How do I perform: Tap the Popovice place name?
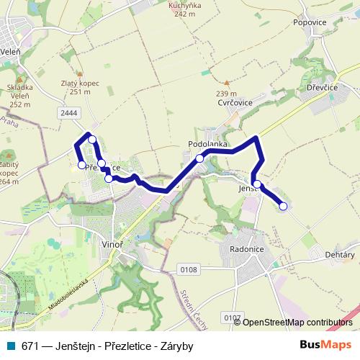(x=311, y=22)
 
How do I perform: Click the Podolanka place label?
(x=208, y=144)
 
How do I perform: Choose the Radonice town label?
(x=246, y=248)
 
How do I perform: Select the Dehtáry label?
(x=341, y=255)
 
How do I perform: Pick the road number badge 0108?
(x=189, y=269)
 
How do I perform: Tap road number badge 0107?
(x=231, y=317)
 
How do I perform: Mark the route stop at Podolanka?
(x=199, y=158)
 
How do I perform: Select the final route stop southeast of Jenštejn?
(x=283, y=207)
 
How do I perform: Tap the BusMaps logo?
(x=326, y=345)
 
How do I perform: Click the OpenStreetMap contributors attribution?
(x=297, y=323)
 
